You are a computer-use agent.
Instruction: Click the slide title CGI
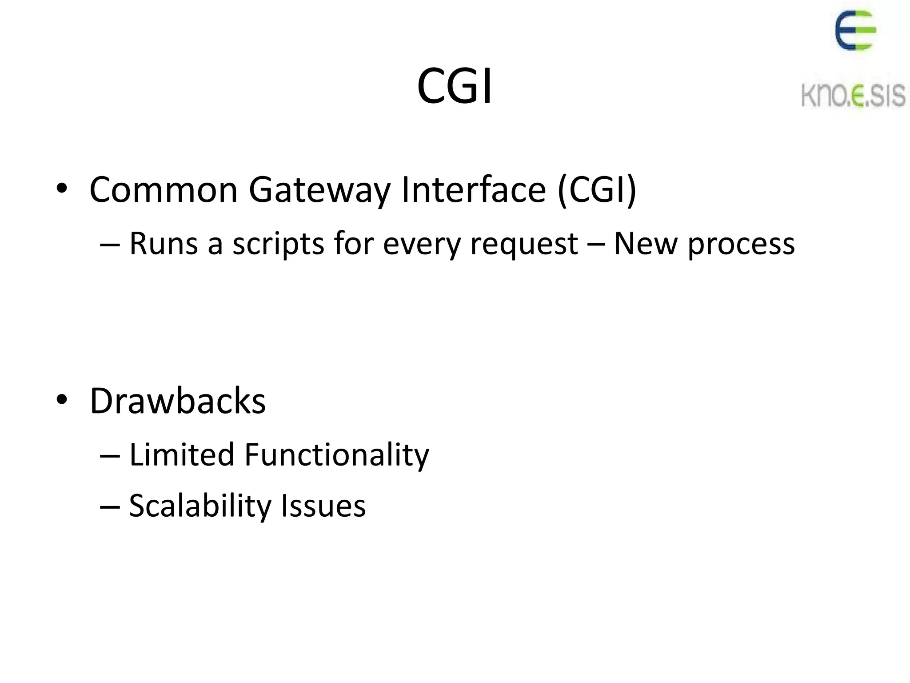[x=455, y=86]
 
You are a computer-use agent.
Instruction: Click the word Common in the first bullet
[x=164, y=190]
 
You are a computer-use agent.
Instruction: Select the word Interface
[x=473, y=190]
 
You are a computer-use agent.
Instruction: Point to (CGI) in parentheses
[x=597, y=190]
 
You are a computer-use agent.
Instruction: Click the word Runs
[x=164, y=244]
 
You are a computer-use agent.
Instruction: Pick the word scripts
[x=279, y=245]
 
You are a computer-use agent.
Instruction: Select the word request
[x=524, y=245]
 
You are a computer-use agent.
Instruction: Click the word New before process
[x=645, y=244]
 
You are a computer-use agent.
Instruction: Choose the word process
[x=741, y=245]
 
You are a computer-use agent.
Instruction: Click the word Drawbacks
[x=178, y=401]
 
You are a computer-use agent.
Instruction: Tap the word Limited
[x=181, y=454]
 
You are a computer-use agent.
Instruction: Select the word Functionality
[x=337, y=455]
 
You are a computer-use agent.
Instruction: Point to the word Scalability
[x=200, y=506]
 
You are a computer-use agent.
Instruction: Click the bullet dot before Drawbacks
[x=62, y=400]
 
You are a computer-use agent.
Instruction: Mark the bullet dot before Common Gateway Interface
[x=62, y=189]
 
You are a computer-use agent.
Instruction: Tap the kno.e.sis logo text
[x=853, y=95]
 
